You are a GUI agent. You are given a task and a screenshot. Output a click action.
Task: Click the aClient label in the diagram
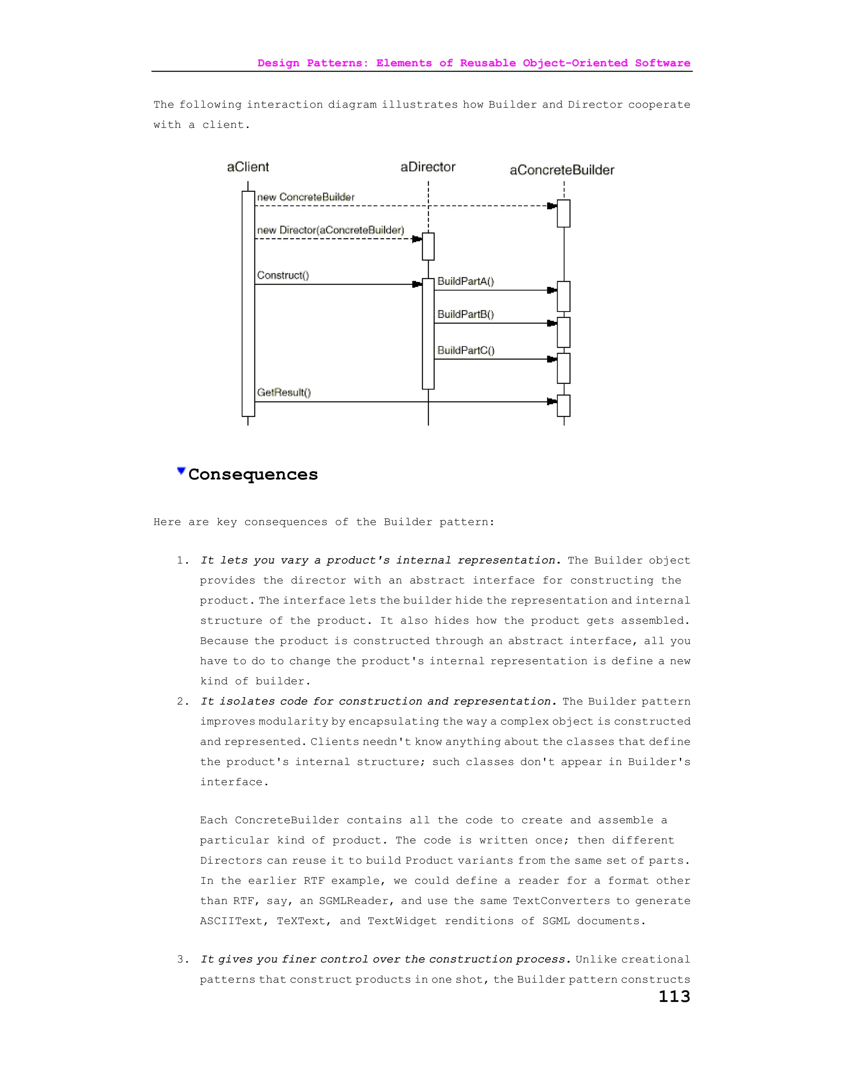248,167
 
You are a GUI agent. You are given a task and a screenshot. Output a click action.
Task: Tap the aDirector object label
428,167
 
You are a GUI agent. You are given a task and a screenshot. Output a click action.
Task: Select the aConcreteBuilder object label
562,170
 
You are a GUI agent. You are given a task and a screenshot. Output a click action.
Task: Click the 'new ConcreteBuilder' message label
306,197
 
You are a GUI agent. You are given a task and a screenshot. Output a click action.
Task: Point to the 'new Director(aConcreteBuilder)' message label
330,230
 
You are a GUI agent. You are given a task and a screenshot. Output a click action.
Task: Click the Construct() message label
283,275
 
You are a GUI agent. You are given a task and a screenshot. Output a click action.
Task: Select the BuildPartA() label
465,281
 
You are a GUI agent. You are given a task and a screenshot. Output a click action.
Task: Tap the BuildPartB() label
465,314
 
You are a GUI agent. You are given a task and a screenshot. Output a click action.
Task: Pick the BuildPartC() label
466,350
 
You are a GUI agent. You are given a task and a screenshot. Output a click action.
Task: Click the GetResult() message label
284,392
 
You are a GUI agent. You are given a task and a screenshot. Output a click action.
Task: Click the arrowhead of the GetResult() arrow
552,401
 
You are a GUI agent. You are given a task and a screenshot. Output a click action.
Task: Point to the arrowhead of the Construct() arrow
417,284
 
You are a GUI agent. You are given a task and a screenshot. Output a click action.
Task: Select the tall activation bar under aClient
248,304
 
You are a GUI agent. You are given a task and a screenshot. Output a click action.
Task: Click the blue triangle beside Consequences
181,471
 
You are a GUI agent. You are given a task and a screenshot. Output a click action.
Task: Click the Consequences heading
253,474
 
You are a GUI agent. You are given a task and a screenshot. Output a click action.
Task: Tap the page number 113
674,996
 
